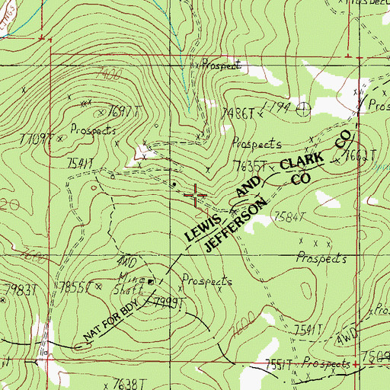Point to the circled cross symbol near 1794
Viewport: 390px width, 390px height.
pyautogui.click(x=303, y=107)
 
